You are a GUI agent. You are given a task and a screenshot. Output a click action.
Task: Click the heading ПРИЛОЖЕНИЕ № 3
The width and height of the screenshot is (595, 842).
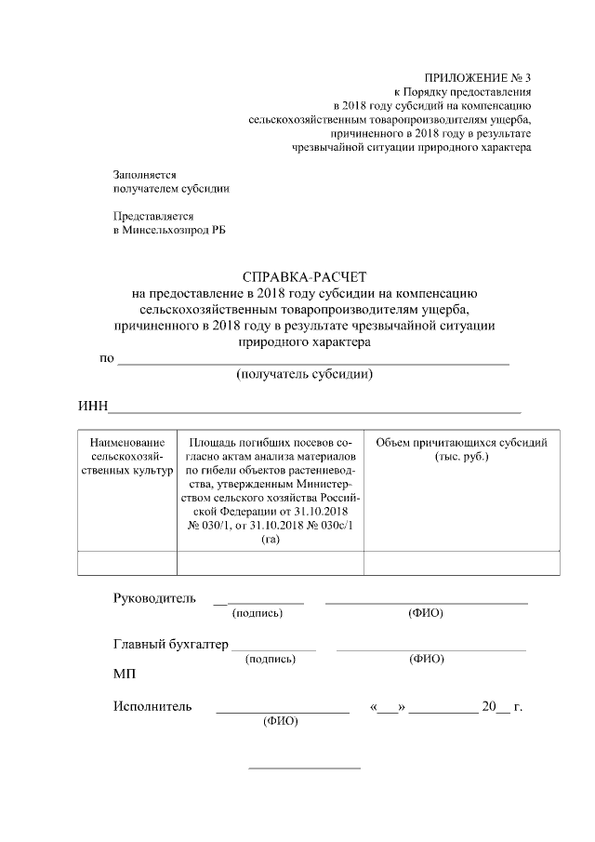coord(477,77)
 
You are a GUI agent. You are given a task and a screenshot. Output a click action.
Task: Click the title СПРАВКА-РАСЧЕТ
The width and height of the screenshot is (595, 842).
coord(305,277)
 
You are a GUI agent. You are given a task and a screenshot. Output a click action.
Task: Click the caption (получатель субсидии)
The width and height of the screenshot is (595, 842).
coord(305,375)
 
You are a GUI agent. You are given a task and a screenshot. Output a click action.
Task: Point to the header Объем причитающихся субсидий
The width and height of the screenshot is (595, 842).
coord(461,449)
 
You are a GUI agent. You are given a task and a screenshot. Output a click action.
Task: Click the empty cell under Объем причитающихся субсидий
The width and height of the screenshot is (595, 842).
coord(461,563)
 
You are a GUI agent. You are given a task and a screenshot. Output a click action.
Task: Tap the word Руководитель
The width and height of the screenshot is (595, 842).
coord(154,597)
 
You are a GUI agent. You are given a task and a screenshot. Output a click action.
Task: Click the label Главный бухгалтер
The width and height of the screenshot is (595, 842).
coord(170,644)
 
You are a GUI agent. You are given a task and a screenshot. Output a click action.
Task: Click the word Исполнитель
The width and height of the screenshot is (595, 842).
coord(152,706)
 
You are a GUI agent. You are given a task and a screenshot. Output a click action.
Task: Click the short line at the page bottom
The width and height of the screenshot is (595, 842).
coord(304,768)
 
